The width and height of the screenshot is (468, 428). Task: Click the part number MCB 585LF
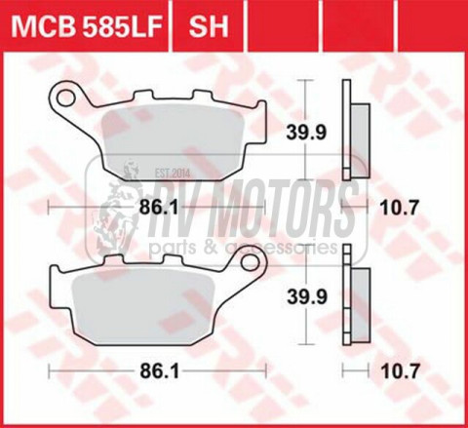point(87,26)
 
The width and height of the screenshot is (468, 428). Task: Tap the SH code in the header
point(209,26)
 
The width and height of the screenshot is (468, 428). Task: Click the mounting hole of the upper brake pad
point(66,97)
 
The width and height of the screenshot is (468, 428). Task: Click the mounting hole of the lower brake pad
point(250,261)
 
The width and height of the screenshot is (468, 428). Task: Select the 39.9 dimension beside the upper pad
point(305,133)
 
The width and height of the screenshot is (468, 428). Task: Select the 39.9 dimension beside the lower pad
point(306,297)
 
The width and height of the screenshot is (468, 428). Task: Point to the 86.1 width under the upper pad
point(159,207)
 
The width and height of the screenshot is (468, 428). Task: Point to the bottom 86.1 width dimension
point(160,370)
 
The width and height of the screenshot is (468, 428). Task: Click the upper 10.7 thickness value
point(399,208)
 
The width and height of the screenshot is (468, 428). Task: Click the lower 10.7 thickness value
point(400,370)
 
